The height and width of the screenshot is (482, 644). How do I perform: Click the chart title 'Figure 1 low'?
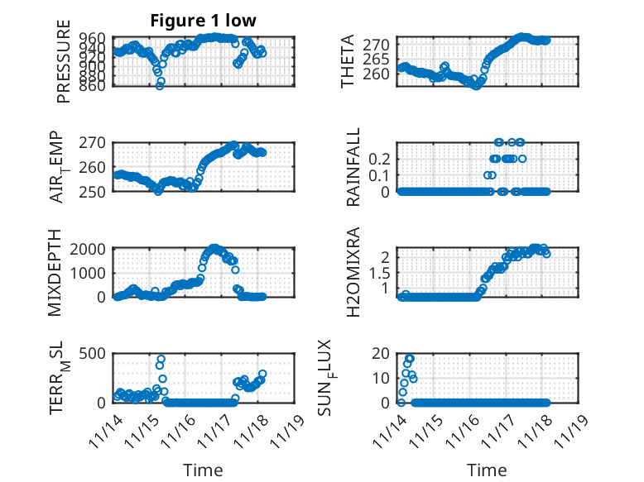pos(204,21)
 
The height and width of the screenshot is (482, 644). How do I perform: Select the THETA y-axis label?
pos(348,62)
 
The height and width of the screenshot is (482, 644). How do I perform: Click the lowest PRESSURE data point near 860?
pos(160,85)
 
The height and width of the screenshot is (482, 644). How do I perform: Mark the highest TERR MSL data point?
pos(161,359)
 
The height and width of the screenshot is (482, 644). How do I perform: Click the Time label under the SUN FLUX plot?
pos(487,470)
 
